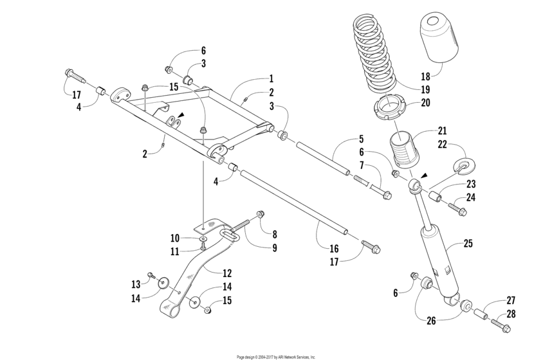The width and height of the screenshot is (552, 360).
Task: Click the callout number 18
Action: coord(426,76)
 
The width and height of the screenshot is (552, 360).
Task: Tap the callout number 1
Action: coord(271,78)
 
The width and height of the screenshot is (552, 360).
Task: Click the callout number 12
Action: coord(227,273)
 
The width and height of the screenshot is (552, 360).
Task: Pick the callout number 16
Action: coord(334,249)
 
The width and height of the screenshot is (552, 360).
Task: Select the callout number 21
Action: coord(442,131)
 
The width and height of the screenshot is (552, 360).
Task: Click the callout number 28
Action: coord(510,314)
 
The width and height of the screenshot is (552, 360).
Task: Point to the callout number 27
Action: coord(510,300)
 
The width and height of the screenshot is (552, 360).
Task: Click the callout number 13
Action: coord(136,284)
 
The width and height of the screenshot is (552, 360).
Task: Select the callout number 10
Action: coord(175,239)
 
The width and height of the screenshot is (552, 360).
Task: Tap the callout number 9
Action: coord(275,248)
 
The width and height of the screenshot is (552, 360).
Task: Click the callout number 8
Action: coord(275,234)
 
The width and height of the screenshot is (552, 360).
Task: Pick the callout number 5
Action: coord(362,139)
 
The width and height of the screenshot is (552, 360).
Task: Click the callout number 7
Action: coord(362,165)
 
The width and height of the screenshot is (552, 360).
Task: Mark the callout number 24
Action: coord(471,197)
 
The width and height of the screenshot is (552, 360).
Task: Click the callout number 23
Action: coord(471,184)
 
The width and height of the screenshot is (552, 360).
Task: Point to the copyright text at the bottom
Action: coord(277,357)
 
